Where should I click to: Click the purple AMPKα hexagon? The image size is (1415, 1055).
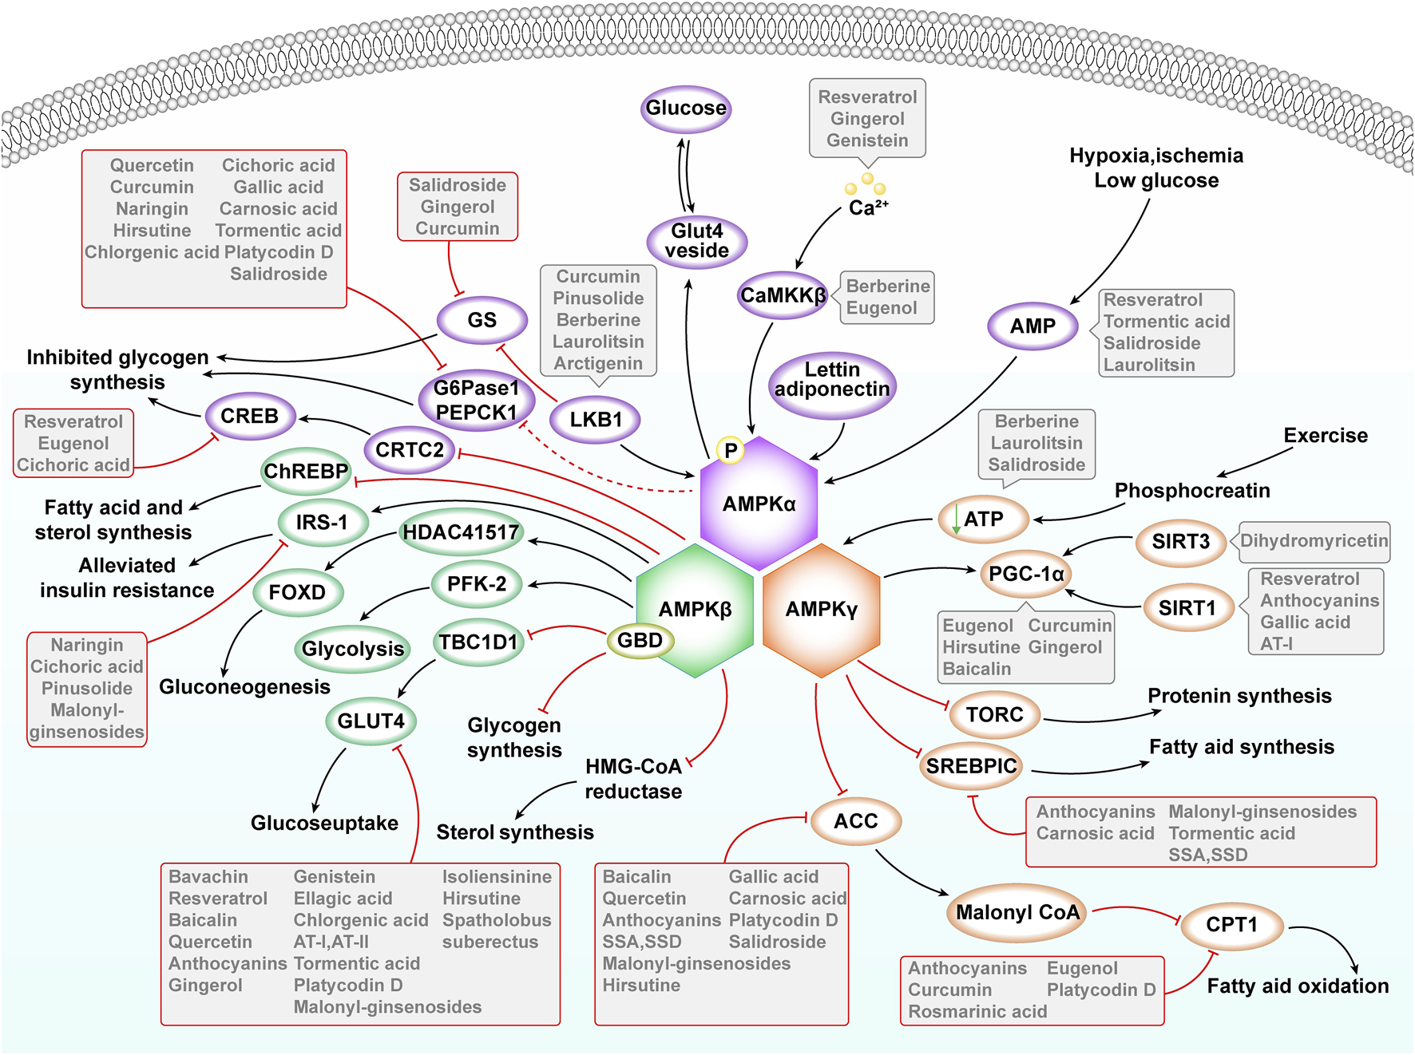coord(759,504)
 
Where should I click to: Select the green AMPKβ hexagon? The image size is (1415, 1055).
coord(695,610)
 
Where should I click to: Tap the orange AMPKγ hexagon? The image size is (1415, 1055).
coord(821,610)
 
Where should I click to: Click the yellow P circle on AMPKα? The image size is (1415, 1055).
coord(730,451)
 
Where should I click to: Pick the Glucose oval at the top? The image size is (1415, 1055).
coord(686,109)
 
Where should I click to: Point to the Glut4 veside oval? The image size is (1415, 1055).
coord(696,241)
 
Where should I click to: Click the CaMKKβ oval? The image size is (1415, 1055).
coord(783,295)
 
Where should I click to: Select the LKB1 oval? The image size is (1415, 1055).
coord(596,420)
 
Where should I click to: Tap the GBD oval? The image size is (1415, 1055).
coord(640,640)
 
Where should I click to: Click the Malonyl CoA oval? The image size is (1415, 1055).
coord(1017,912)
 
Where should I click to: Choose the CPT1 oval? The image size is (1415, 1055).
coord(1231,925)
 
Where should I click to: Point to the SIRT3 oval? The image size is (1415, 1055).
coord(1180,542)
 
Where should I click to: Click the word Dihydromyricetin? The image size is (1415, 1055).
coord(1314,541)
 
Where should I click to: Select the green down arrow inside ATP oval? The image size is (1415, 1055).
coord(956,520)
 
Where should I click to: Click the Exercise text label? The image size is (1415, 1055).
coord(1325,436)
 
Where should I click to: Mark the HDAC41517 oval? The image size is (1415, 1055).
coord(461,532)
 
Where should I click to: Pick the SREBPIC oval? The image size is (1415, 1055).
coord(971,766)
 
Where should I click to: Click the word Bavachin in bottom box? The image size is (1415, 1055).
coord(208,877)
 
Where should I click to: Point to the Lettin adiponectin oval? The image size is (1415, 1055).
coord(832,380)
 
